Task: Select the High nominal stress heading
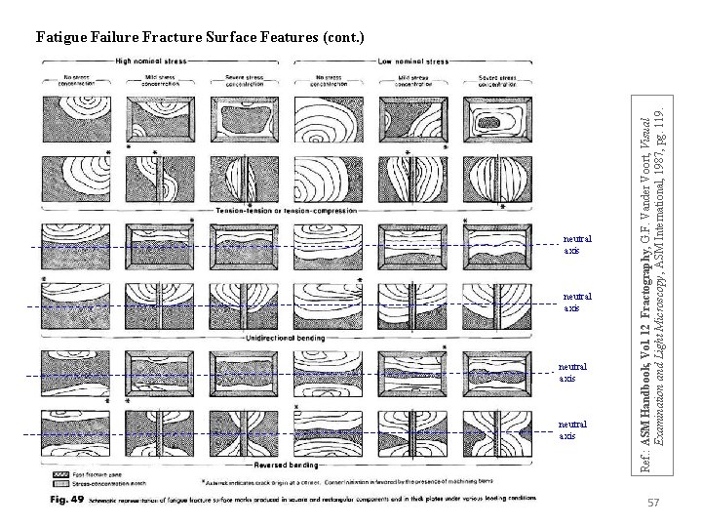coord(153,61)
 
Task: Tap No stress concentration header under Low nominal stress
coord(334,78)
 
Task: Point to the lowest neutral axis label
coord(573,430)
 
